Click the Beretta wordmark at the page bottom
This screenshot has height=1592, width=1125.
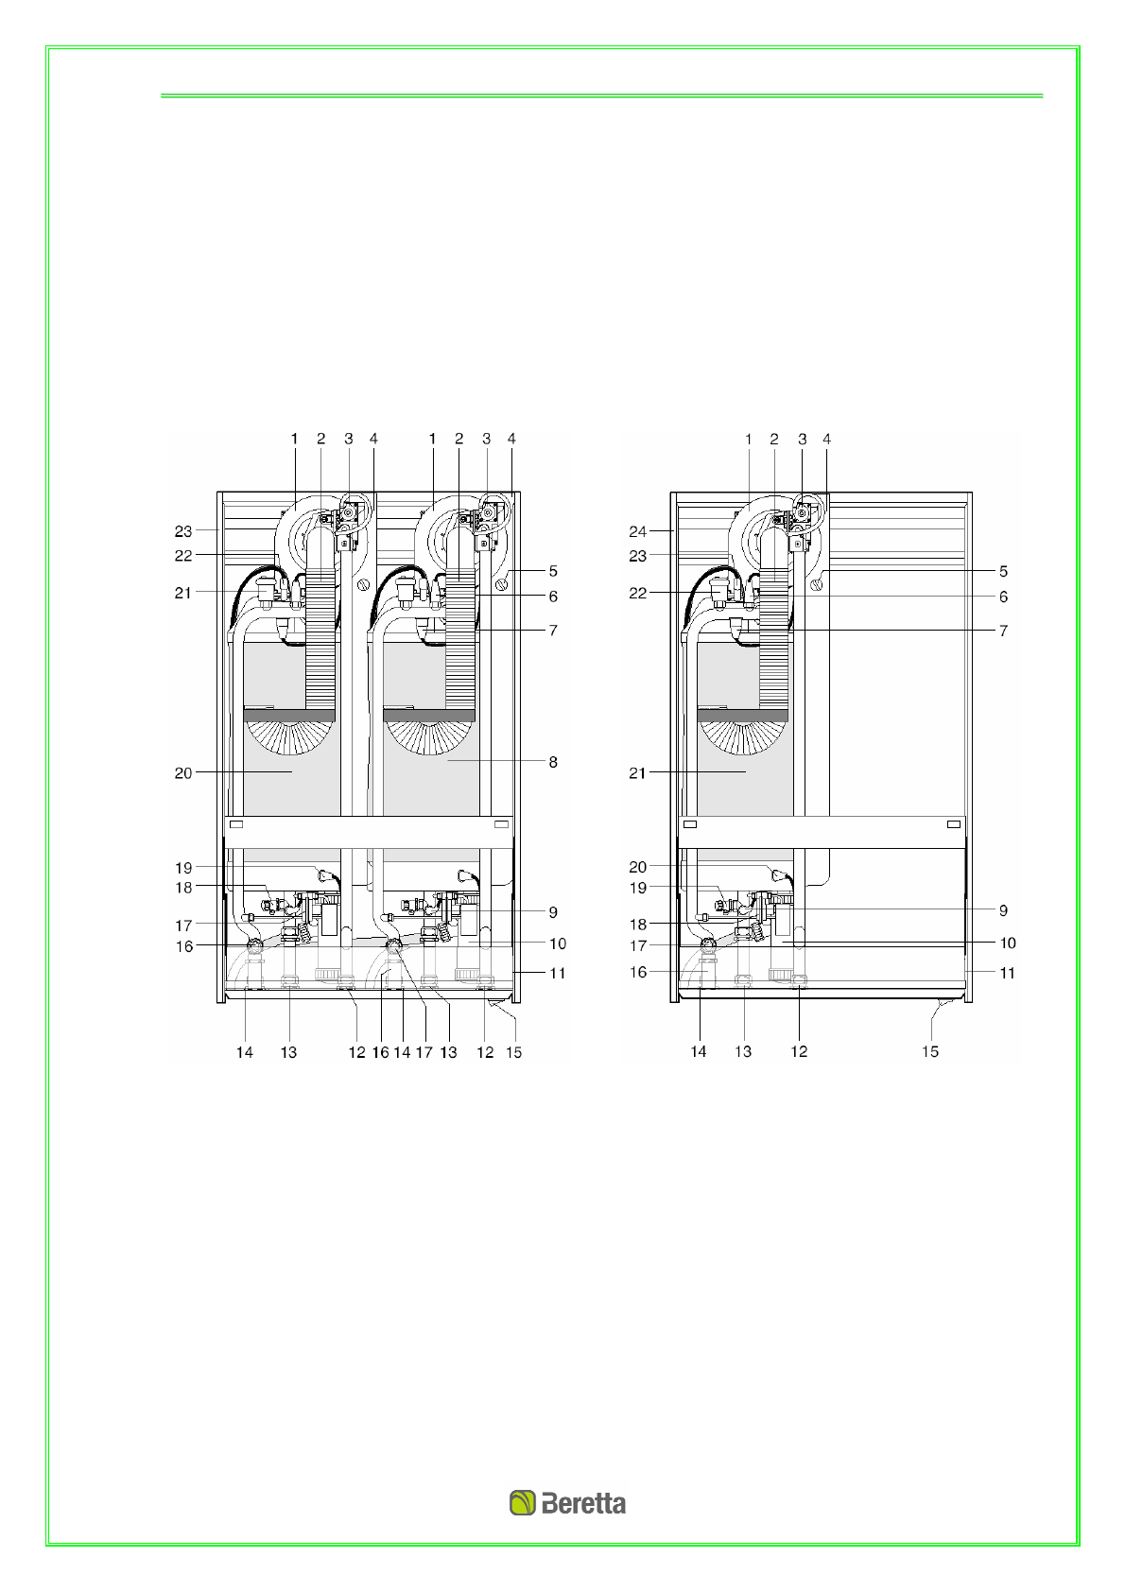click(583, 1504)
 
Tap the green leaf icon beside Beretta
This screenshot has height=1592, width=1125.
click(523, 1503)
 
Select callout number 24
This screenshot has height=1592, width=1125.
click(637, 531)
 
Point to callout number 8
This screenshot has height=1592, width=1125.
click(553, 762)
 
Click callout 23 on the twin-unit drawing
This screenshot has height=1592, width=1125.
click(183, 531)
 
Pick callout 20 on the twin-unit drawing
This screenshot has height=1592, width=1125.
click(183, 773)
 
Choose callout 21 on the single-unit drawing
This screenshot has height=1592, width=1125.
click(637, 773)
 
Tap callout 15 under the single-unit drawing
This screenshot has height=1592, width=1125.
click(930, 1052)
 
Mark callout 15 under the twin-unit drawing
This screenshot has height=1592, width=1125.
click(514, 1052)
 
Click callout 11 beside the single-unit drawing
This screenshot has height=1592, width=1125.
click(1007, 973)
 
